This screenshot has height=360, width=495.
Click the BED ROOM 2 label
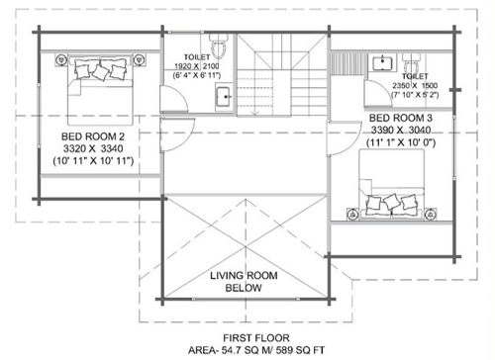pos(93,136)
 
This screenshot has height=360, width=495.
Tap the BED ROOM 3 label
pos(401,118)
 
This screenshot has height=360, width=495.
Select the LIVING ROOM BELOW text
pos(244,282)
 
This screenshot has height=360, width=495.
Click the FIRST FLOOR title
pos(256,338)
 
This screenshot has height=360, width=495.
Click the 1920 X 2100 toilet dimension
pos(197,66)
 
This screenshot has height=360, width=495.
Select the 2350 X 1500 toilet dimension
pos(415,85)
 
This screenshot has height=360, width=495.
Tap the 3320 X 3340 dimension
pos(93,148)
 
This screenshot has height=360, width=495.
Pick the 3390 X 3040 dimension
pos(401,131)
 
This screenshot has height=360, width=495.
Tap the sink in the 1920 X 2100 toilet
pos(224,97)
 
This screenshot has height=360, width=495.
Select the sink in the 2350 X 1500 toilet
pos(382,63)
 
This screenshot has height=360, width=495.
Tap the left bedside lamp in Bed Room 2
pos(61,59)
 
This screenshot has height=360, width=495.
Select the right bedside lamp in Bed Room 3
pos(431,215)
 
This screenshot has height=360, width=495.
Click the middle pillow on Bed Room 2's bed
pos(100,72)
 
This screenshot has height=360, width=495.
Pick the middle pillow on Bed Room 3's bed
pos(392,202)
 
